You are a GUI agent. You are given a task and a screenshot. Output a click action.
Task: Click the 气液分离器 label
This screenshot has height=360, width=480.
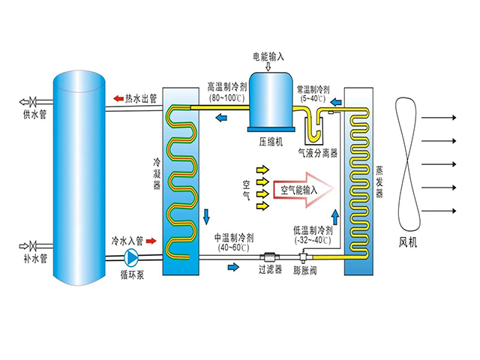tap(319, 151)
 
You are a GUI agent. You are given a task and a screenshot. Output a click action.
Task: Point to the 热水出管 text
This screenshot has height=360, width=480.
tap(142, 98)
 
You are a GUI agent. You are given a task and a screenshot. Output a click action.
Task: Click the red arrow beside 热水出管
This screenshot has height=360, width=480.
tap(118, 98)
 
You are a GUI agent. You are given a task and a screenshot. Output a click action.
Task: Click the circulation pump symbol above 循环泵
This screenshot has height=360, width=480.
tap(132, 257)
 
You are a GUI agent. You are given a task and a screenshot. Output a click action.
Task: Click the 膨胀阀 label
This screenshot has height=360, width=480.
tap(304, 268)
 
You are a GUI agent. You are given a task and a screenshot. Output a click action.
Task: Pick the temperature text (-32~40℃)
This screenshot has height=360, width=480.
tap(314, 240)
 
